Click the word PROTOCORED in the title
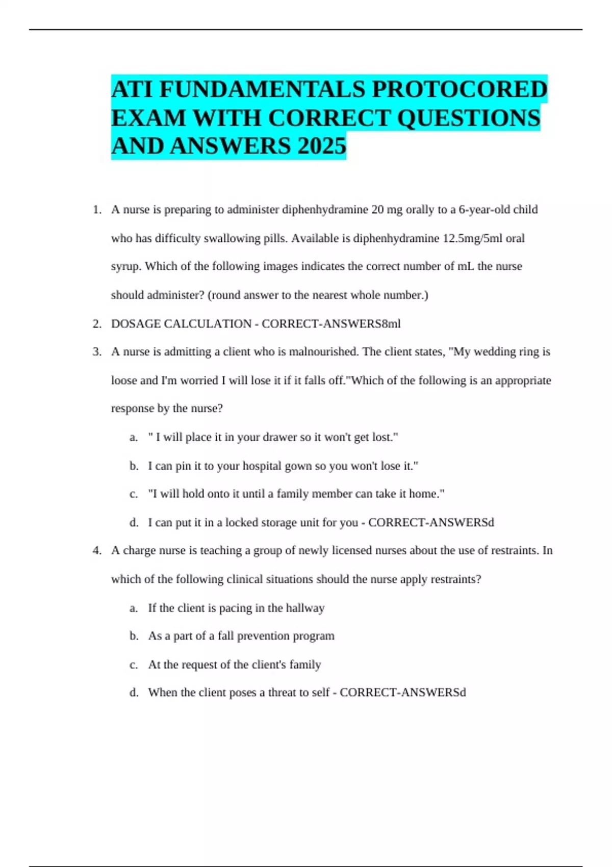click(x=459, y=89)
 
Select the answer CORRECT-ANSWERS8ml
click(x=331, y=324)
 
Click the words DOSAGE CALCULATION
click(x=181, y=324)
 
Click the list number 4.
click(x=97, y=551)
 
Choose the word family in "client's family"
click(x=305, y=665)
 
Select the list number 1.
click(x=97, y=210)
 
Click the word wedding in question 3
click(x=494, y=352)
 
